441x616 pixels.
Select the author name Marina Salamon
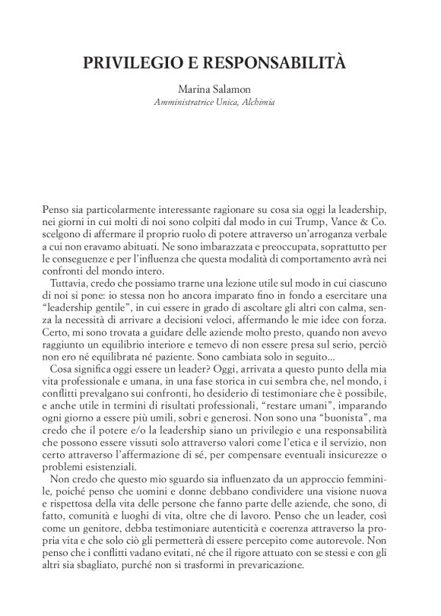pyautogui.click(x=220, y=90)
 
